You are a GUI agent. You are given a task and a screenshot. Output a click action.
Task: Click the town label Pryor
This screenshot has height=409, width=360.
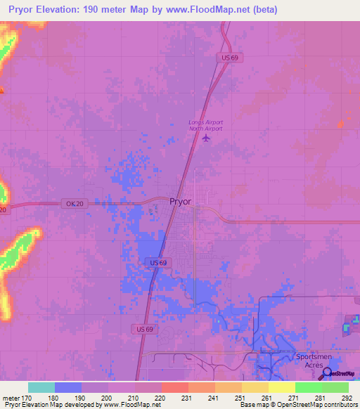[181, 201]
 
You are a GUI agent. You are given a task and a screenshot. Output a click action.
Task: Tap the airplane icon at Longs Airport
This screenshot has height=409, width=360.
[206, 137]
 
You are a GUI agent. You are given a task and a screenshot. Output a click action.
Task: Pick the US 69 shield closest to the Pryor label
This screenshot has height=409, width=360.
[159, 262]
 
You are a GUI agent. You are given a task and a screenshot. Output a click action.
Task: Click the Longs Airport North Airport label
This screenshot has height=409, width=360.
[205, 125]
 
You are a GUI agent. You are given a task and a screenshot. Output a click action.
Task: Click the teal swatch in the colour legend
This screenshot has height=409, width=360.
[41, 387]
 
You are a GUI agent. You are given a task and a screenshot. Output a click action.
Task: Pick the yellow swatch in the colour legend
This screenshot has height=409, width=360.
[281, 387]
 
